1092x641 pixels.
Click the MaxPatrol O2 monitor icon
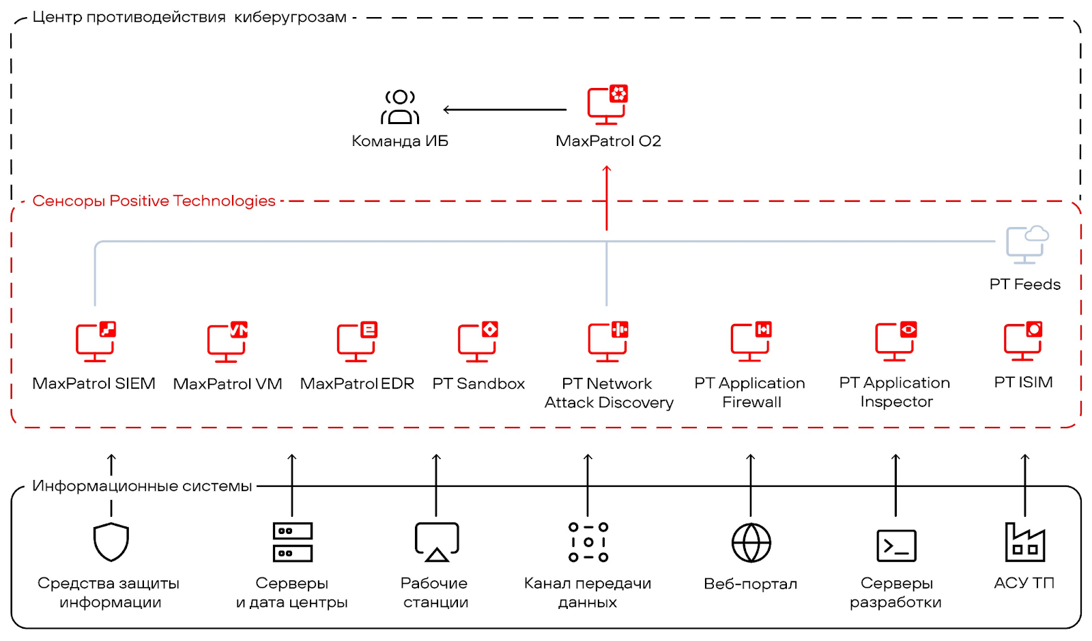coord(607,106)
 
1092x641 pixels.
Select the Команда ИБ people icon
coord(400,107)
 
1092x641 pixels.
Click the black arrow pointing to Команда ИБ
coord(504,109)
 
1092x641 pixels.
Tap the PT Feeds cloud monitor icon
coord(1026,244)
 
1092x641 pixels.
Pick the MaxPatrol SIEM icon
coord(96,341)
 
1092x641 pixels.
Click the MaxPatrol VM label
coord(227,384)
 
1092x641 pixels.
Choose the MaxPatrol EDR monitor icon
coord(356,341)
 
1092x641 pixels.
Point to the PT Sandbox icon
coord(478,341)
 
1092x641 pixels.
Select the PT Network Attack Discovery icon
coord(607,341)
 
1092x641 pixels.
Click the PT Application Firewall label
coord(750,393)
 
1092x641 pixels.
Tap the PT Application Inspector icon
coord(895,341)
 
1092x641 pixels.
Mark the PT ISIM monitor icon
coord(1022,340)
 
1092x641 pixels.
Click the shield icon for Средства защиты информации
coord(111,542)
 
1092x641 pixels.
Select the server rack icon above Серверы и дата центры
coord(292,542)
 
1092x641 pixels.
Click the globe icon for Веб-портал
coord(751,543)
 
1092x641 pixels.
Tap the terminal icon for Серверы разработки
coord(895,546)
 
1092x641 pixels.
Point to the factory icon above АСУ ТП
coord(1024,542)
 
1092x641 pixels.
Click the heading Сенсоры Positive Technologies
coord(154,201)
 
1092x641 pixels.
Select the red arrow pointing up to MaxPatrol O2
coord(607,198)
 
